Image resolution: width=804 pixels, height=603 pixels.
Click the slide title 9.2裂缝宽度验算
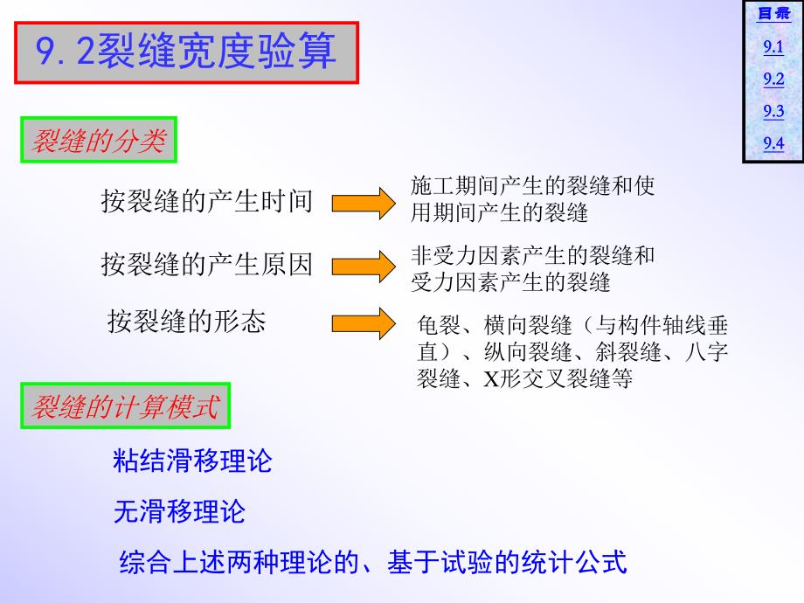click(x=187, y=52)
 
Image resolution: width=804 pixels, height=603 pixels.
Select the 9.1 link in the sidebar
click(x=773, y=48)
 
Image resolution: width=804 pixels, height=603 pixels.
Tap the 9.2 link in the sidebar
click(x=773, y=80)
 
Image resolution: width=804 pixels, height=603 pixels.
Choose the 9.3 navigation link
click(x=773, y=111)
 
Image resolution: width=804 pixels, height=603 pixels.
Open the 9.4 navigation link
click(x=773, y=143)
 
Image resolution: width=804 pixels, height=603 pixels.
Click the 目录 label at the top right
click(x=773, y=14)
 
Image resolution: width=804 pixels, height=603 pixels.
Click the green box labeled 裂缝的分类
click(x=99, y=141)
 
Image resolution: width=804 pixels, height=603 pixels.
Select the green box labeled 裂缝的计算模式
click(x=125, y=406)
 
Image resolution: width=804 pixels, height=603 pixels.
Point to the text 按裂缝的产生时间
click(x=206, y=201)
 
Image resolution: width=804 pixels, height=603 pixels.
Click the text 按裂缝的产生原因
click(x=206, y=264)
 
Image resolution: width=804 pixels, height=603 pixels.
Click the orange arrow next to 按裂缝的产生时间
click(x=364, y=203)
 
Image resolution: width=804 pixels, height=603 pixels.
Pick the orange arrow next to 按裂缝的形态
click(x=364, y=323)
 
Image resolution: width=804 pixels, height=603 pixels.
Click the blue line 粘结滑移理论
click(x=193, y=461)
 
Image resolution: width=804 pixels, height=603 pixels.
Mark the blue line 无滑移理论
click(x=179, y=511)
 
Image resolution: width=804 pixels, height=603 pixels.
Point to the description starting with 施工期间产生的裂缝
click(x=532, y=198)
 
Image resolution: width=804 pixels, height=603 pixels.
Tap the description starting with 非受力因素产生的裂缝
click(x=532, y=268)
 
